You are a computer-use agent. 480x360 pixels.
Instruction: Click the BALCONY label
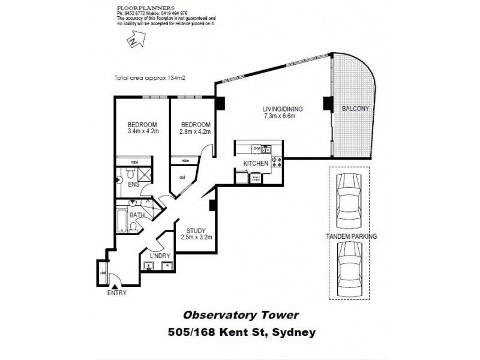(355, 109)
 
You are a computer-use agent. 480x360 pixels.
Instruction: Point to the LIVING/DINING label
(283, 109)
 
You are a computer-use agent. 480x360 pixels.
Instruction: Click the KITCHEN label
(254, 163)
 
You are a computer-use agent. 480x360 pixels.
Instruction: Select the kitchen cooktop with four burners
(277, 160)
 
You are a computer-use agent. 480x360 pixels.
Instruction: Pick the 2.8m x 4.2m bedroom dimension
(195, 131)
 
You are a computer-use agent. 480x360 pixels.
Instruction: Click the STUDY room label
(196, 230)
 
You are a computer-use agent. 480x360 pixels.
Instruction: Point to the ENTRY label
(117, 293)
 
